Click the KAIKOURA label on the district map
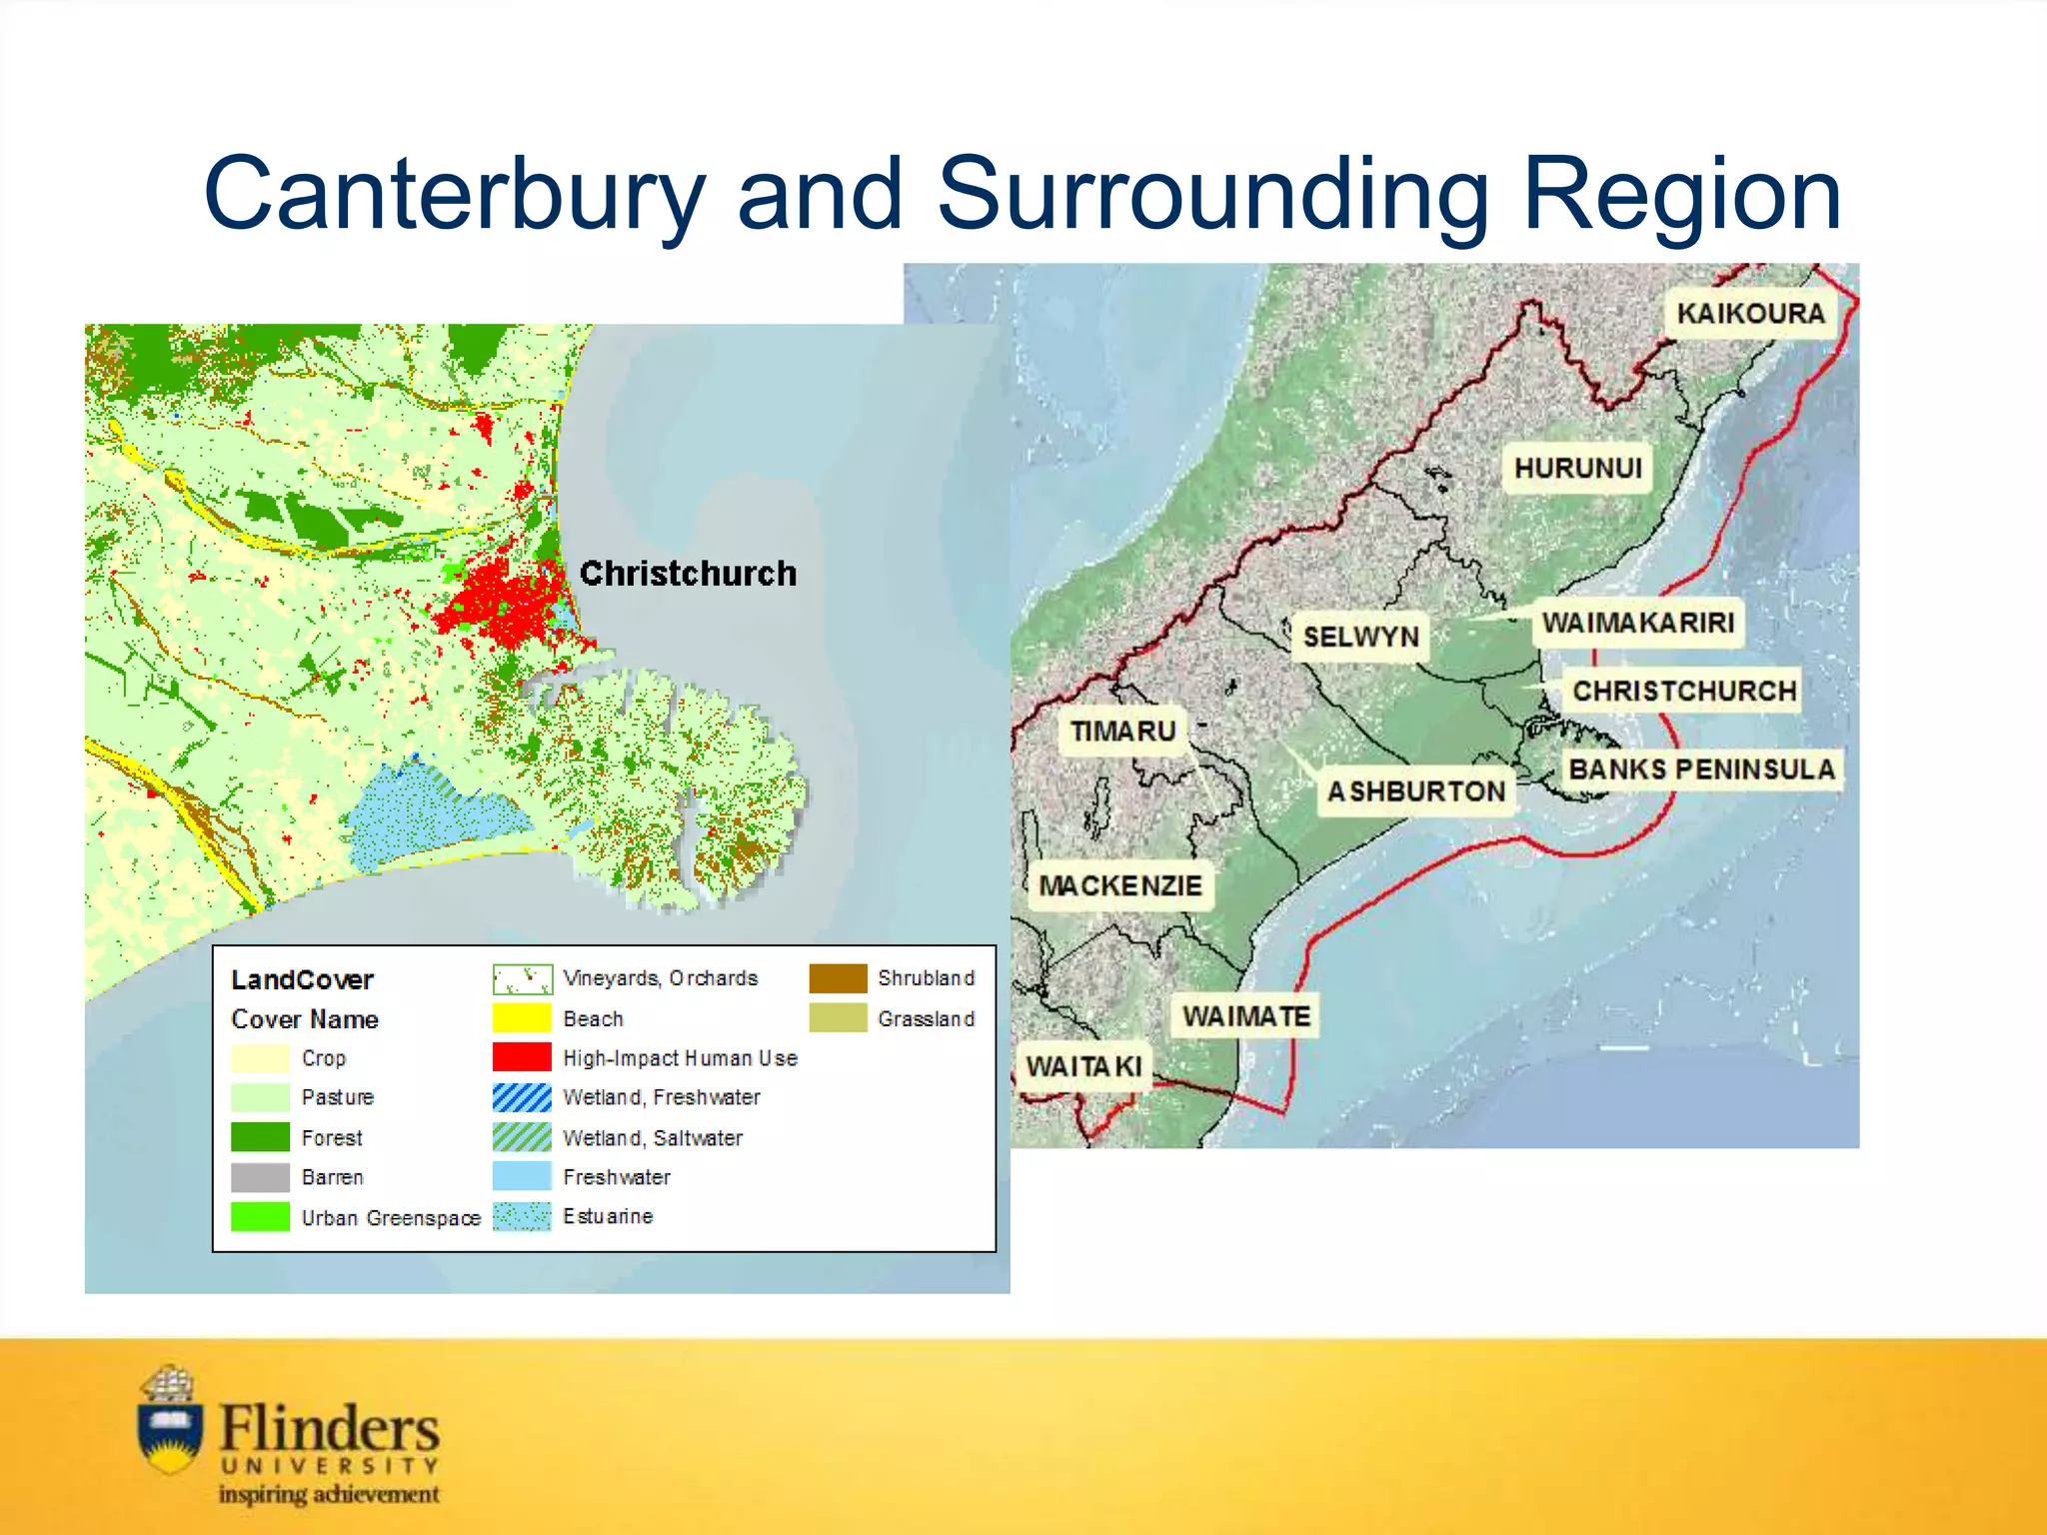[1750, 313]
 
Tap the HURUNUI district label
[1577, 468]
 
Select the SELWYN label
[1360, 637]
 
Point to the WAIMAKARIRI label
[1637, 623]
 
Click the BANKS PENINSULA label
[1701, 769]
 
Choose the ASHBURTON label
[1415, 791]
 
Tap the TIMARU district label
[1122, 732]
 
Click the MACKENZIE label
[1119, 885]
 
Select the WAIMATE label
[1245, 1016]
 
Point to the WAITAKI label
[1083, 1066]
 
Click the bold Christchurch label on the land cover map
[688, 574]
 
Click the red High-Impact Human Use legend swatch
[522, 1057]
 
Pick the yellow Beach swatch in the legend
[522, 1018]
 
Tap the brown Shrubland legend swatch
[838, 978]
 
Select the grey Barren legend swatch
[260, 1177]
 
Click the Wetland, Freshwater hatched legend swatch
[522, 1097]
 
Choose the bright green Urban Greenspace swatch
[260, 1217]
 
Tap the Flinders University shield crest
[171, 1424]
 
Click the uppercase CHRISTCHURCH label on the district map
[1684, 691]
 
